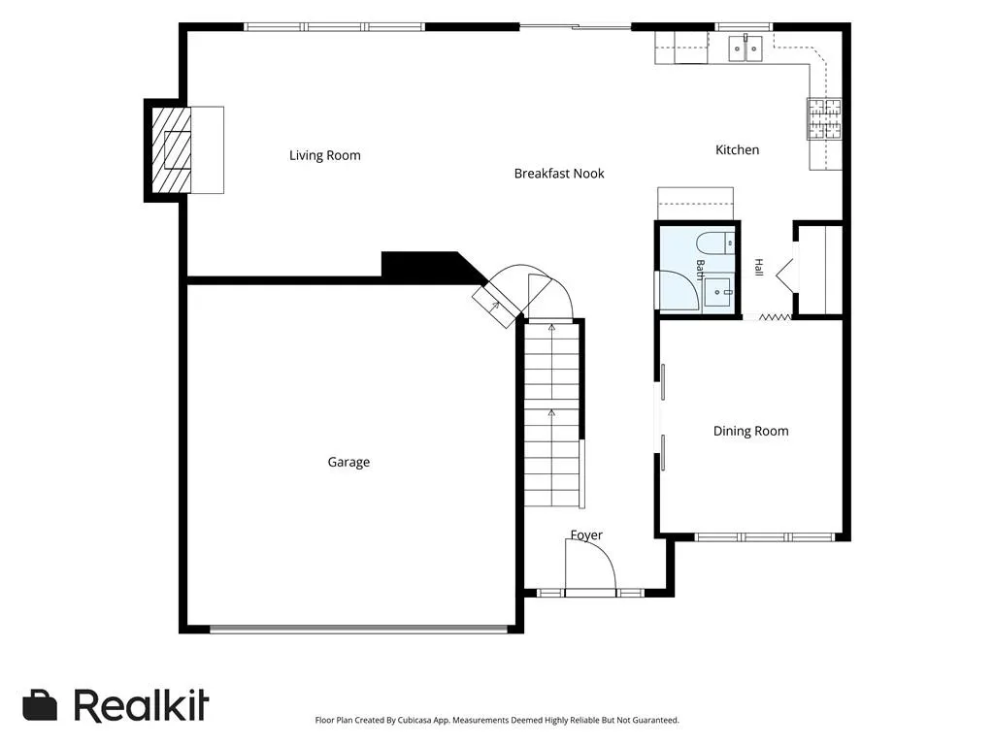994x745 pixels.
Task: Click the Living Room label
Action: pyautogui.click(x=324, y=155)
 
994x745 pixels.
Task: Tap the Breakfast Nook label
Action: pyautogui.click(x=559, y=174)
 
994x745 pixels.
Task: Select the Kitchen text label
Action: pyautogui.click(x=738, y=150)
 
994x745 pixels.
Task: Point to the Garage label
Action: pyautogui.click(x=348, y=463)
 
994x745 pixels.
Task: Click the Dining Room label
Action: pyautogui.click(x=751, y=432)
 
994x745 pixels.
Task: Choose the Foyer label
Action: pyautogui.click(x=586, y=535)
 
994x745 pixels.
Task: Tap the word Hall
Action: pyautogui.click(x=759, y=268)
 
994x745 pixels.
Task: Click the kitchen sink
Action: pyautogui.click(x=745, y=49)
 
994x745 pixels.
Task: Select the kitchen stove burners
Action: pyautogui.click(x=824, y=118)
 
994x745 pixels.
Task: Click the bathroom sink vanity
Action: pyautogui.click(x=719, y=292)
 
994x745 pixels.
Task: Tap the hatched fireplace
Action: pyautogui.click(x=171, y=150)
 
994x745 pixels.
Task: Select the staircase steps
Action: pyautogui.click(x=551, y=415)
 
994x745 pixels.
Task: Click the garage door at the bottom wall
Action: pyautogui.click(x=359, y=630)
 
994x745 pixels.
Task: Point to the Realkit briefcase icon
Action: pyautogui.click(x=40, y=705)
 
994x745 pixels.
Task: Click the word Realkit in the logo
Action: pyautogui.click(x=142, y=705)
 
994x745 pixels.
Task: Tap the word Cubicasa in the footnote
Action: pyautogui.click(x=414, y=721)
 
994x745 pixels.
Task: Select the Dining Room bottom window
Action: pyautogui.click(x=765, y=537)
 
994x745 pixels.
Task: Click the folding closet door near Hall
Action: pyautogui.click(x=775, y=317)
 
